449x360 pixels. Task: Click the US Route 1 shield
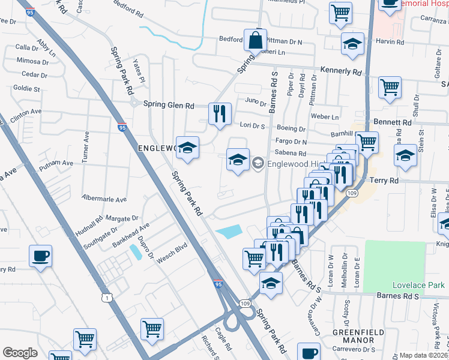tap(106, 298)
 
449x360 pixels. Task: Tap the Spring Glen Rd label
tap(169, 104)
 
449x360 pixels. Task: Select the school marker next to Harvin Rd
tap(353, 43)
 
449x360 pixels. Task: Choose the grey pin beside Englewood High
tap(258, 162)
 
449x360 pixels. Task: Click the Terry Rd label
tap(385, 180)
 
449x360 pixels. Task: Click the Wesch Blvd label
tap(172, 252)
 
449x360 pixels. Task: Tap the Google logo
tap(20, 353)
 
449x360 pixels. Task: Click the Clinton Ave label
tap(26, 112)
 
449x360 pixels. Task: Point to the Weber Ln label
tap(327, 116)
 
